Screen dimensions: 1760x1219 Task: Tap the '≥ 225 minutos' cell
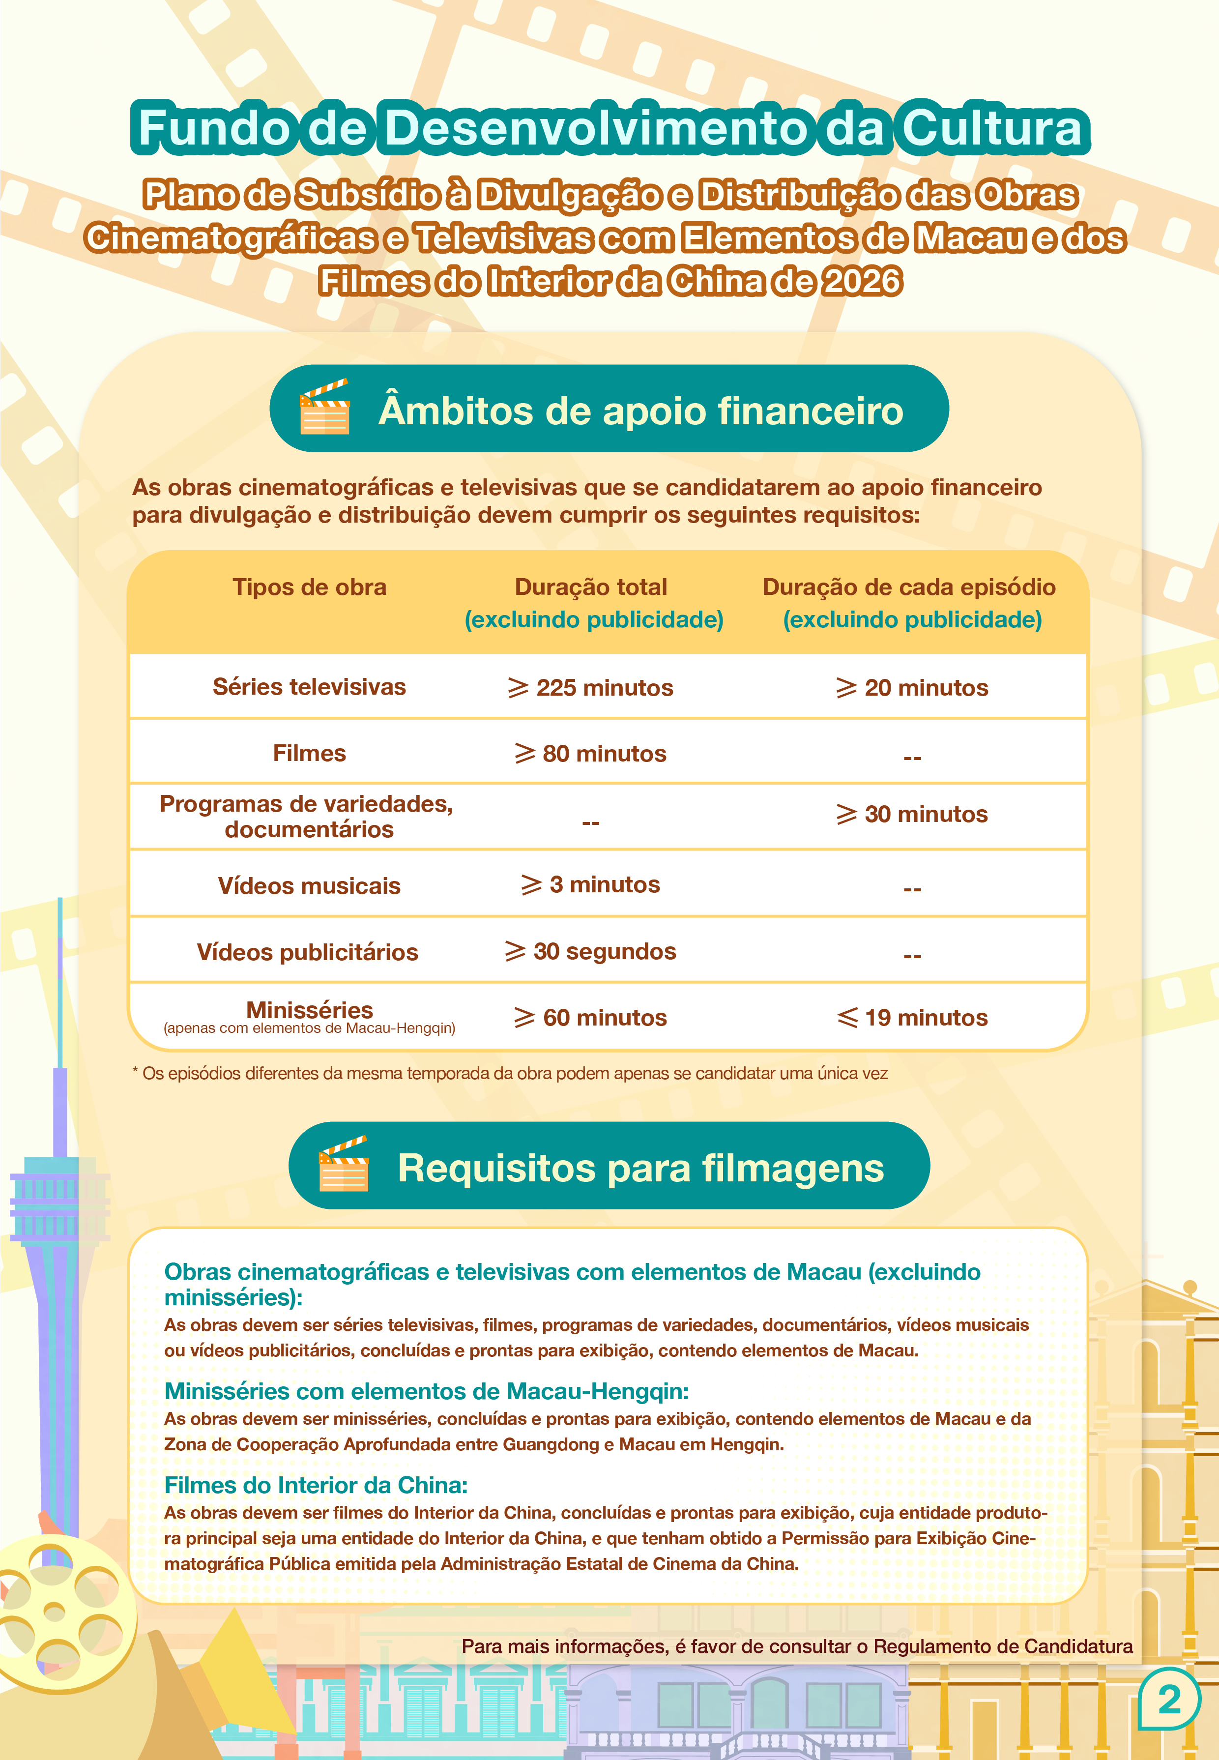pos(590,687)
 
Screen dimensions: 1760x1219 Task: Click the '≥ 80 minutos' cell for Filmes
pos(590,753)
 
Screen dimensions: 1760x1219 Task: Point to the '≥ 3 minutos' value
pos(590,884)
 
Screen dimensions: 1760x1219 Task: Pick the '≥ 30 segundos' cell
pos(590,951)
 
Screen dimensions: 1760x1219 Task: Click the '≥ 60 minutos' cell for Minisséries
pos(590,1018)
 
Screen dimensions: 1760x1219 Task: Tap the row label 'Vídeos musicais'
pos(309,886)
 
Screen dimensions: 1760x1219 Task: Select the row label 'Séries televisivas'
pos(309,687)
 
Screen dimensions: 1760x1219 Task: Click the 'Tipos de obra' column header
pos(309,587)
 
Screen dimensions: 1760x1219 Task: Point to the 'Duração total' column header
pos(590,587)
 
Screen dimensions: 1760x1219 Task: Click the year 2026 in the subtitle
pos(862,281)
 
